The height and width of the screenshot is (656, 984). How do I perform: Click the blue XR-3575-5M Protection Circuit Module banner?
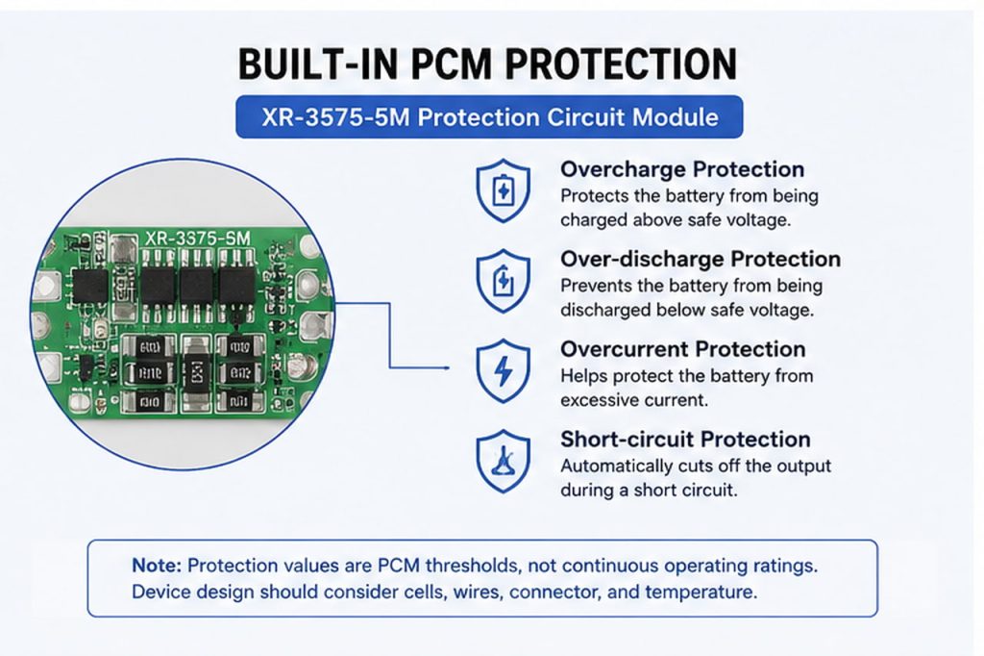coord(489,117)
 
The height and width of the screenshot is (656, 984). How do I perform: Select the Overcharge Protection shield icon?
coord(503,190)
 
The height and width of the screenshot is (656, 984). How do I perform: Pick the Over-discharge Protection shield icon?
coord(503,281)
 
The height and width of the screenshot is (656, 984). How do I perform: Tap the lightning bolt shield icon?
coord(503,370)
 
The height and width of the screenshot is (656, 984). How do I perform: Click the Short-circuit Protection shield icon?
coord(503,461)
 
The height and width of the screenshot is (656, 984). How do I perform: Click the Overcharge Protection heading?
coord(682,169)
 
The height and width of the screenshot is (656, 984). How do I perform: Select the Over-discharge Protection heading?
coord(701,259)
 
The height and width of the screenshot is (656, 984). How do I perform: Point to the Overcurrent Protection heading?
coord(683,349)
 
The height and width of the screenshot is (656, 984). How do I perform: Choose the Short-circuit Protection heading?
coord(685,440)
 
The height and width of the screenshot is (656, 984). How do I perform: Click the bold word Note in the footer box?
coord(157,566)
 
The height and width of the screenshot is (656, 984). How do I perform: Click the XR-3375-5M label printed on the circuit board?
coord(198,239)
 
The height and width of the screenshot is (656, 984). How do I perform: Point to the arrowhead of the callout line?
coord(448,367)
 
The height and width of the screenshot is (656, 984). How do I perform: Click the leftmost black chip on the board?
coord(90,286)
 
